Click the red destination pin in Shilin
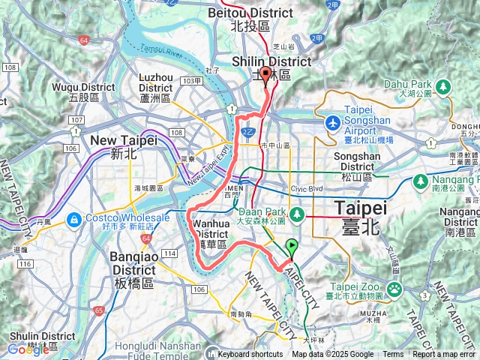[266, 74]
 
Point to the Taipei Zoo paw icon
[394, 289]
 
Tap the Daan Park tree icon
[297, 216]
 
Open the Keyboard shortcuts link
[250, 354]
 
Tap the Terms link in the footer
[393, 354]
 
